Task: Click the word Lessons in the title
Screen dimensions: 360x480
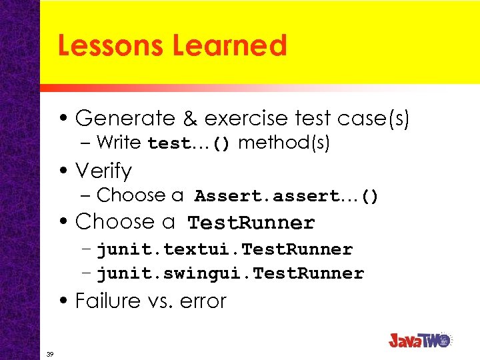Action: point(111,45)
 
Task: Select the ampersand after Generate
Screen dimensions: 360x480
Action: point(190,119)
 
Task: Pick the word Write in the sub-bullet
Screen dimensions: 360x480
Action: point(119,143)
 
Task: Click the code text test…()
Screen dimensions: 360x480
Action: point(189,144)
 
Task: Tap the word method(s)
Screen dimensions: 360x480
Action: point(284,143)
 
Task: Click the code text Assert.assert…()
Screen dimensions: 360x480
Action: point(287,197)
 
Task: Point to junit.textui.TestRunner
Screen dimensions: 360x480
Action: point(225,250)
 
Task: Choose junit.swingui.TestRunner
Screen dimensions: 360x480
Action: point(230,273)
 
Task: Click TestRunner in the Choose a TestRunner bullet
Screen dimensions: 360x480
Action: point(251,223)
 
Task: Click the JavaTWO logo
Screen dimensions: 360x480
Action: point(421,339)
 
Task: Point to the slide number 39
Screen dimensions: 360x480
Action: point(51,353)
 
